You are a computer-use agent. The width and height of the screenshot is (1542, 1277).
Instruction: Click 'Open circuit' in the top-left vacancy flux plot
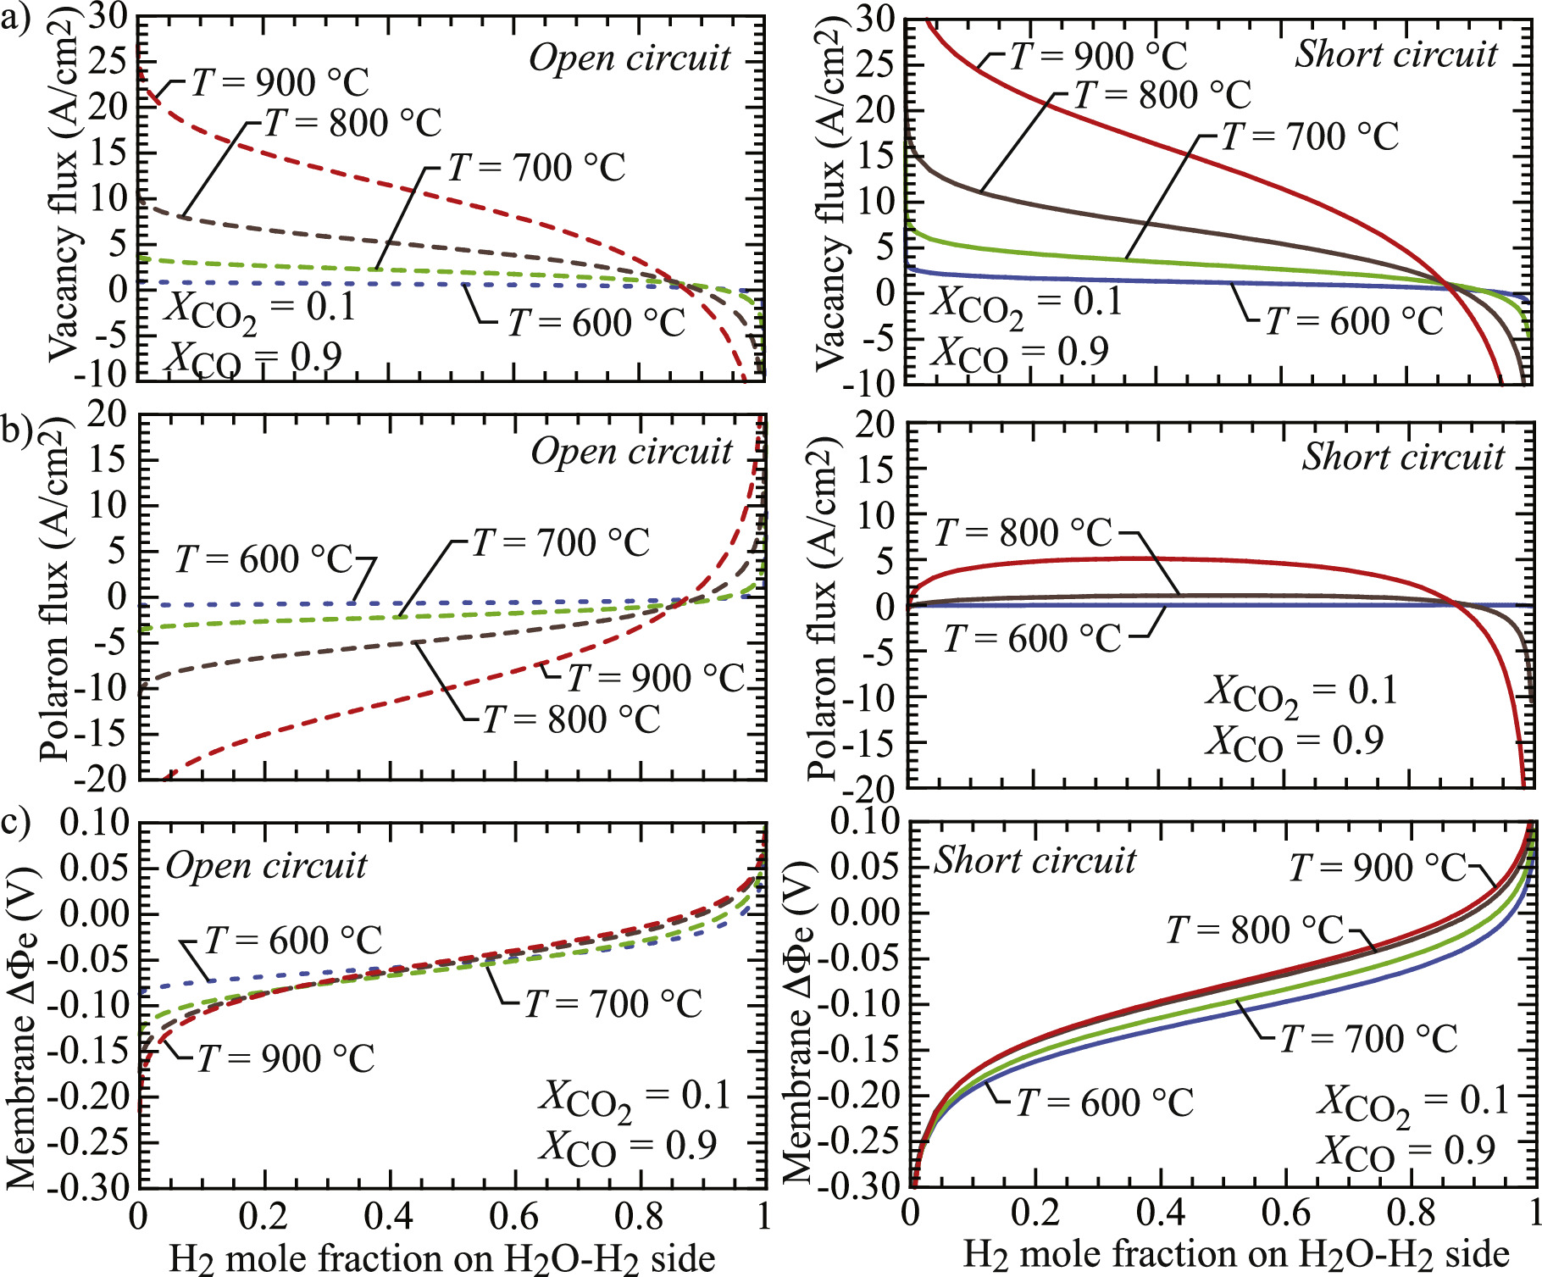630,58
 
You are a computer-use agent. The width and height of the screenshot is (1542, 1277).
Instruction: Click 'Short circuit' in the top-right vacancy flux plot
1395,55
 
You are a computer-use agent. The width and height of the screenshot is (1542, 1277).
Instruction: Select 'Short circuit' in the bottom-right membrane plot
1034,861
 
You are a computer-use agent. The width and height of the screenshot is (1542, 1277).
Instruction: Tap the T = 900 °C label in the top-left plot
280,83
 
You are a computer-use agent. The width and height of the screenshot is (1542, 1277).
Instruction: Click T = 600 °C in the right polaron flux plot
1031,639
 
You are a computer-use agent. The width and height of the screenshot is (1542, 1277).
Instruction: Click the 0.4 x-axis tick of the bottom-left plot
388,1216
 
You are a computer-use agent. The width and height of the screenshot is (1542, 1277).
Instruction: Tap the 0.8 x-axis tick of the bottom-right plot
1411,1213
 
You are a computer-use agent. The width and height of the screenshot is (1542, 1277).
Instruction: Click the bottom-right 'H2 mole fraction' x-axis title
1236,1255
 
